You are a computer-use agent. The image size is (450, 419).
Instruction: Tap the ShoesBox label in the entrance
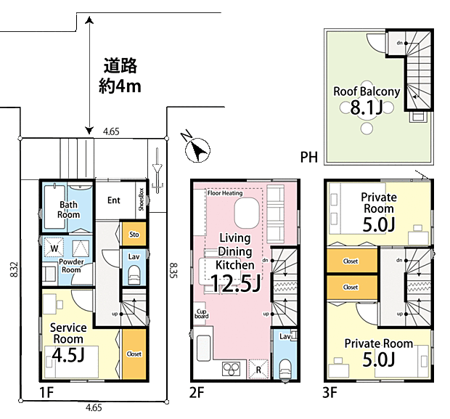pos(141,200)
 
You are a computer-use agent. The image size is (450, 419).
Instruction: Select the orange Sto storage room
pos(134,234)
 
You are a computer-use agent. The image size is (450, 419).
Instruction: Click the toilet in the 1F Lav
pos(134,275)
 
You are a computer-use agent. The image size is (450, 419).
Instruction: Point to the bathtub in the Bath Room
pos(54,207)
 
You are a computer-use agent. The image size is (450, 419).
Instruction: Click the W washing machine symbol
pos(54,248)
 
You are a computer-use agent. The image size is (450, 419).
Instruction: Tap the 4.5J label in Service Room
pos(68,355)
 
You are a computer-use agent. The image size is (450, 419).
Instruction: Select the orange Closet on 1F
pos(134,354)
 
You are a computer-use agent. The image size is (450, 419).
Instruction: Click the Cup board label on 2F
pos(201,314)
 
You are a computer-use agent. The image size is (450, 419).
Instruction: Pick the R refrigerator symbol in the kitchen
pos(258,369)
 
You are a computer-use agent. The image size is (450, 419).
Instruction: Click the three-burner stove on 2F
pos(232,368)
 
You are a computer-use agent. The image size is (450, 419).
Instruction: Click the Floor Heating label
pos(225,193)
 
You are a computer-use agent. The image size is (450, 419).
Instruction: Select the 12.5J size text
pos(235,283)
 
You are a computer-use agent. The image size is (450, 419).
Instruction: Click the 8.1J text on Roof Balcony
pos(367,107)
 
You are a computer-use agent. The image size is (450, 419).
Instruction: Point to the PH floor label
pos(308,157)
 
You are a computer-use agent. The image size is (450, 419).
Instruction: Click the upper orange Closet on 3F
pos(352,261)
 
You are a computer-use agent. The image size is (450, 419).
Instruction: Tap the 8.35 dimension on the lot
pos(173,271)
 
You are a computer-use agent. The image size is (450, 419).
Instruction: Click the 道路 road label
pos(120,65)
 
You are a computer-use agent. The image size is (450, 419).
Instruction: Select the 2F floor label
pos(197,392)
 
